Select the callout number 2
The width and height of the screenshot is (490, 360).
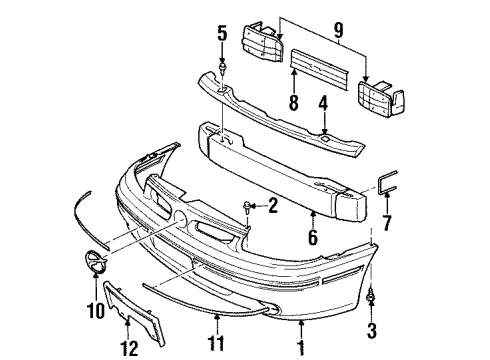pyautogui.click(x=271, y=207)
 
